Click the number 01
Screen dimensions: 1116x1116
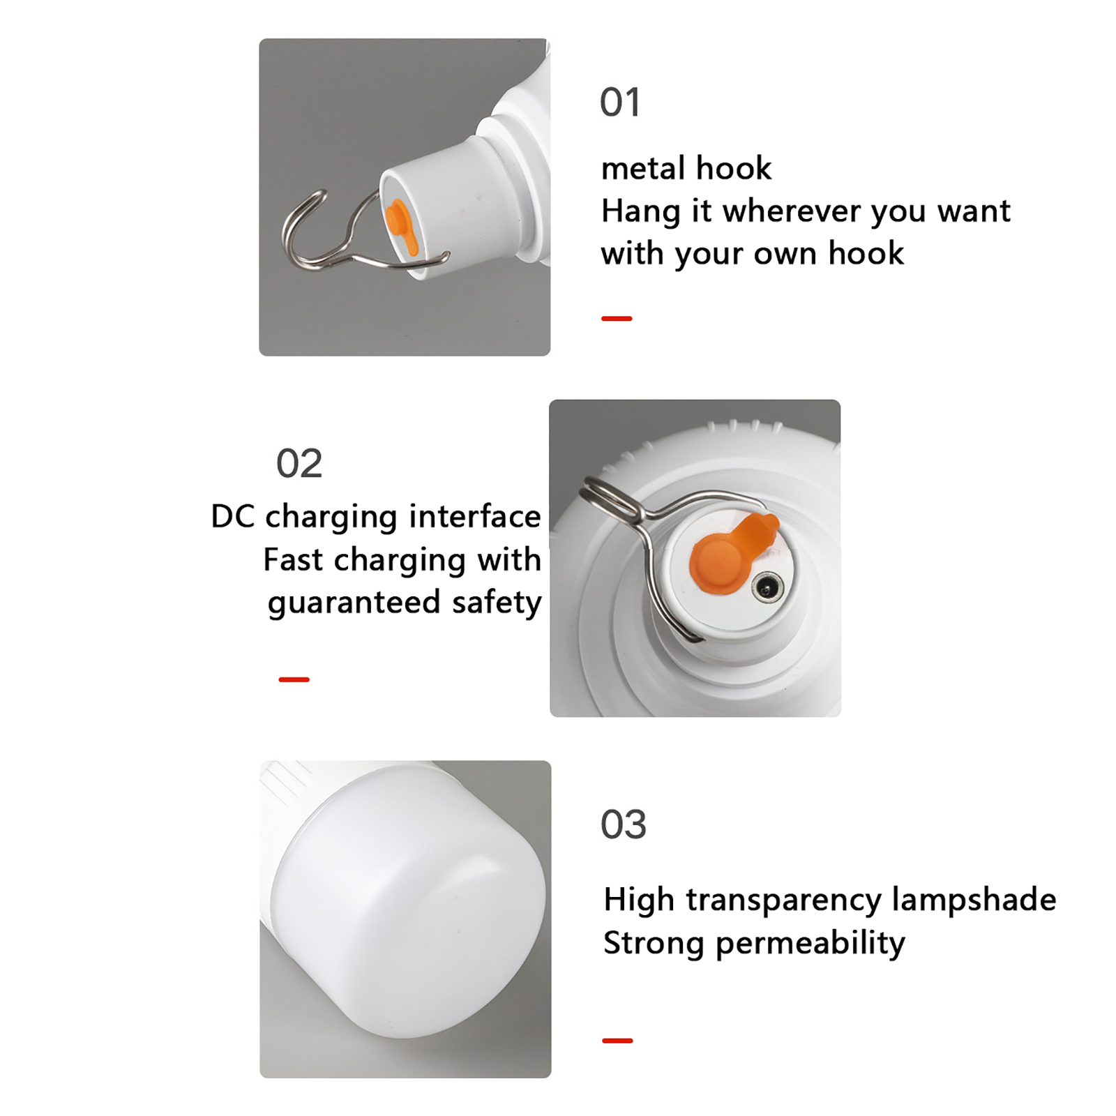point(620,103)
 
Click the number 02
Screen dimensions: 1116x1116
point(299,463)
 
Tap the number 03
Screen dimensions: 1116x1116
point(624,824)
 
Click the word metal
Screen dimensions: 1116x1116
point(643,168)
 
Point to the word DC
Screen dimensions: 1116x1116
point(233,517)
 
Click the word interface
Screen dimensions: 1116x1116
point(475,516)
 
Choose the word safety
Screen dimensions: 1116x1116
point(497,603)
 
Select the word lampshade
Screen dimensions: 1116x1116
point(974,900)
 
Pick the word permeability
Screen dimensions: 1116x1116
point(810,944)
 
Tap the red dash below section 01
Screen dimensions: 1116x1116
point(617,319)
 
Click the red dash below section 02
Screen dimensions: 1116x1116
point(294,679)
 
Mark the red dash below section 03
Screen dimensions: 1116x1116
point(617,1041)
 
